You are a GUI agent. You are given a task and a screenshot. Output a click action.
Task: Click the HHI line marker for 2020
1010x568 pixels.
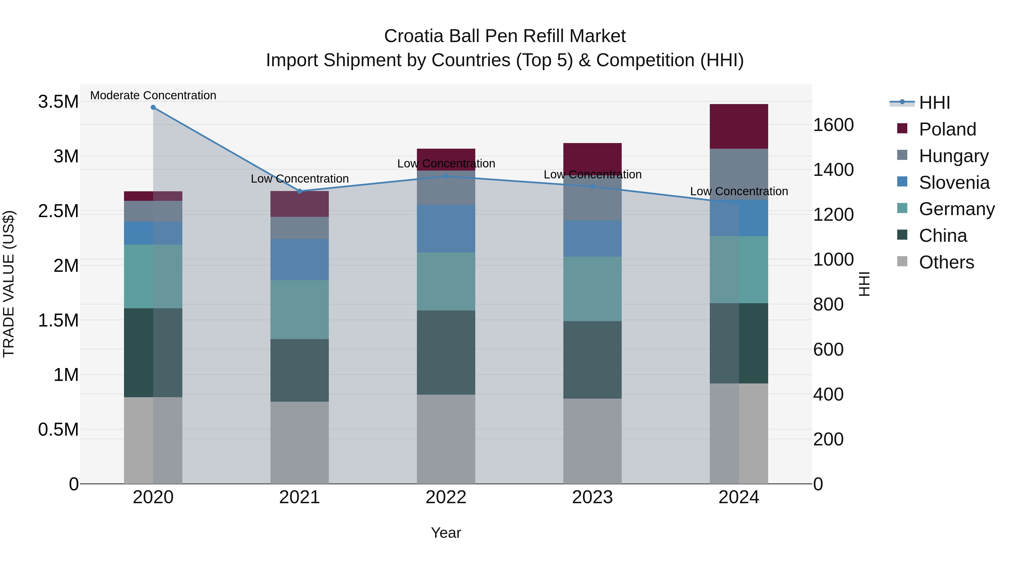coord(153,107)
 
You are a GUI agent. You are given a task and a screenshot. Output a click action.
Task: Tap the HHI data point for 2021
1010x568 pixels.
coord(300,191)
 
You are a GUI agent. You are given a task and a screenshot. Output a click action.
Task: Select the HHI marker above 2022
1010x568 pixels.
coord(446,176)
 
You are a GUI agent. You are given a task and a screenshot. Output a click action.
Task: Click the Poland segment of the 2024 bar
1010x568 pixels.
coord(739,126)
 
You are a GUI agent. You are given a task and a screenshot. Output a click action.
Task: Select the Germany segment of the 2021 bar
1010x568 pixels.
coord(300,309)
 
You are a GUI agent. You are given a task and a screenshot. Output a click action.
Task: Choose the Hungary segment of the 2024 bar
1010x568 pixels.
coord(739,174)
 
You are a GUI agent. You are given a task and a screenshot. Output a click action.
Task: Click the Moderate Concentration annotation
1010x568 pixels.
coord(153,95)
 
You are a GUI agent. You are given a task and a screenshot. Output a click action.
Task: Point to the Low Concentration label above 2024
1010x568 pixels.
coord(739,191)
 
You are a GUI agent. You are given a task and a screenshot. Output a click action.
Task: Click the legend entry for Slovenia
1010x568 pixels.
coord(954,183)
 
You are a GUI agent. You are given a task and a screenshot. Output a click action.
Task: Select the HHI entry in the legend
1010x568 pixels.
coord(934,103)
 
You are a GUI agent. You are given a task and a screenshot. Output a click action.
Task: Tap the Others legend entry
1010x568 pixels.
coord(946,262)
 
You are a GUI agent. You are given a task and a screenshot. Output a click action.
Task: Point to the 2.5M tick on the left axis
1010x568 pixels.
coord(58,211)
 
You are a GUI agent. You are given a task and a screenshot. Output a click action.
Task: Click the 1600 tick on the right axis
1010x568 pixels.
coord(833,125)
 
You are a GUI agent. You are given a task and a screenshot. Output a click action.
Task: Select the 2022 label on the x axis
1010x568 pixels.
coord(446,497)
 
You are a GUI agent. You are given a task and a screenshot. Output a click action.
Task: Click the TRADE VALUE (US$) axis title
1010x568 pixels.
coord(9,284)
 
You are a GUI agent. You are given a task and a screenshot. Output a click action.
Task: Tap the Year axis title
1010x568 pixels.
coord(446,533)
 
